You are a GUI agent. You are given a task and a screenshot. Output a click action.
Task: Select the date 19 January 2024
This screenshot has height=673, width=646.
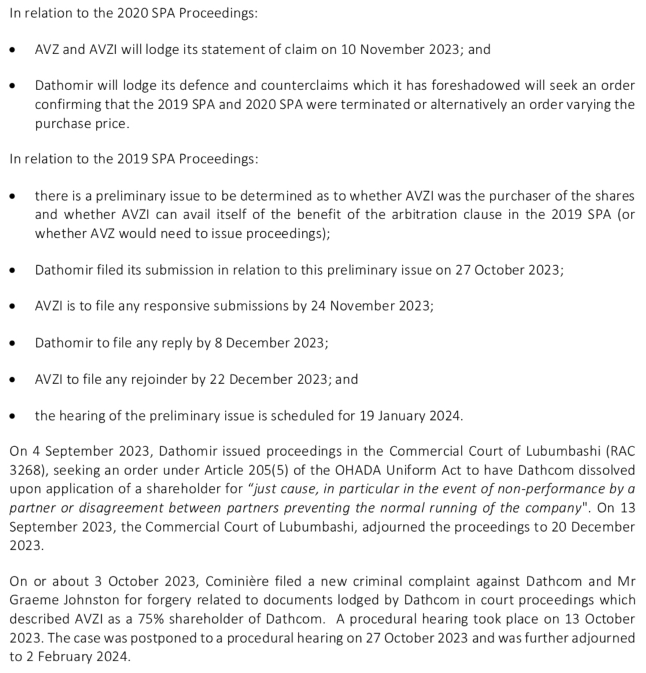pos(410,416)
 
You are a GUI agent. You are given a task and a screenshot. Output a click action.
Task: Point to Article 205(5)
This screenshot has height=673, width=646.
pos(246,470)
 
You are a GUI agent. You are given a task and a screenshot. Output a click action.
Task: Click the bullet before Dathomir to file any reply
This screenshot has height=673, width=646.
pos(14,343)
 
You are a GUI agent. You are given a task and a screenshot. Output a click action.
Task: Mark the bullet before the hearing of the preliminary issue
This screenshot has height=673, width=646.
pos(14,416)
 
